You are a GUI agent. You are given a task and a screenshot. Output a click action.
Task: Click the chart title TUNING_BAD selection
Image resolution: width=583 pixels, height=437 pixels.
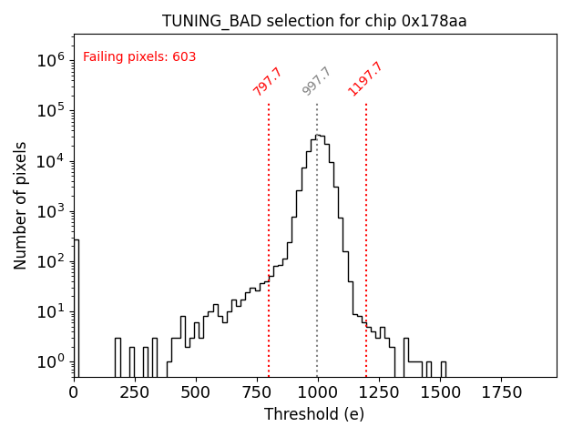pos(314,21)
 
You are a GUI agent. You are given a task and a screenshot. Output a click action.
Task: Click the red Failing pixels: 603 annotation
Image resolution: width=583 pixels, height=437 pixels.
pos(139,57)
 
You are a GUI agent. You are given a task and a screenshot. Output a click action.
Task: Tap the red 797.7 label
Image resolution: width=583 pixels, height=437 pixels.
pos(268,82)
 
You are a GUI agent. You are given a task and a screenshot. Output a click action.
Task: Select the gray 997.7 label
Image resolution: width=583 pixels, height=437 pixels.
pos(317,82)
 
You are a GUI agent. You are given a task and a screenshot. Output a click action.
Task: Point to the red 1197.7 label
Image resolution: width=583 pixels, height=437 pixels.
pos(365,79)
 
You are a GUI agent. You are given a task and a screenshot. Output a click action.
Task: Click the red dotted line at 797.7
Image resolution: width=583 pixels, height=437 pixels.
pos(269,228)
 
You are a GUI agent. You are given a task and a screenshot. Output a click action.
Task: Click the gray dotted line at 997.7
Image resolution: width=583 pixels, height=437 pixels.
pos(317,228)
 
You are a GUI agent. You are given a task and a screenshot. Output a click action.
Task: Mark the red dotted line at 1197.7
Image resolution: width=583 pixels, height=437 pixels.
pos(366,228)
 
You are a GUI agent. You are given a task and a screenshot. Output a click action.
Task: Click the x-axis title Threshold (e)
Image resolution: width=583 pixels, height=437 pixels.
pos(314,414)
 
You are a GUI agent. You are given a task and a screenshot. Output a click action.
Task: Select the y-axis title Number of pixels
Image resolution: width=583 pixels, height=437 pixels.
pos(21,206)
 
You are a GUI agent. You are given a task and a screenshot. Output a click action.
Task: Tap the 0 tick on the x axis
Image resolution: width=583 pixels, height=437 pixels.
pos(74,391)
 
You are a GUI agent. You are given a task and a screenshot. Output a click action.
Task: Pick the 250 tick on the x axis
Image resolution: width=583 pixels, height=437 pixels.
pos(135,391)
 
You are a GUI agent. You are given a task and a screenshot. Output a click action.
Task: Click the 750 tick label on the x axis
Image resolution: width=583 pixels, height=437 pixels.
pos(257,391)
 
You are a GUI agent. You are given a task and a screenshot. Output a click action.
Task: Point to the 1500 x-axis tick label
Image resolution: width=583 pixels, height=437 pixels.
pos(440,391)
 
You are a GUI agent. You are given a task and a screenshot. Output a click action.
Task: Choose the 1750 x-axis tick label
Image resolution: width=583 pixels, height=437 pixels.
pos(501,391)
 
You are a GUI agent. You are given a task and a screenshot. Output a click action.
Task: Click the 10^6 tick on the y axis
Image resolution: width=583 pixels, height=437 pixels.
pos(50,60)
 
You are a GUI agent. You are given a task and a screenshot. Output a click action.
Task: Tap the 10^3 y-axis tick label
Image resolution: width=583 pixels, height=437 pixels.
pos(50,211)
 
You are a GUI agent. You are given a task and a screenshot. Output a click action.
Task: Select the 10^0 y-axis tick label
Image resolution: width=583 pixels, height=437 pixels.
pos(50,362)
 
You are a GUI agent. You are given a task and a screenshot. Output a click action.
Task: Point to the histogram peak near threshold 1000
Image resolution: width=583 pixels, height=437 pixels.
pos(318,136)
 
